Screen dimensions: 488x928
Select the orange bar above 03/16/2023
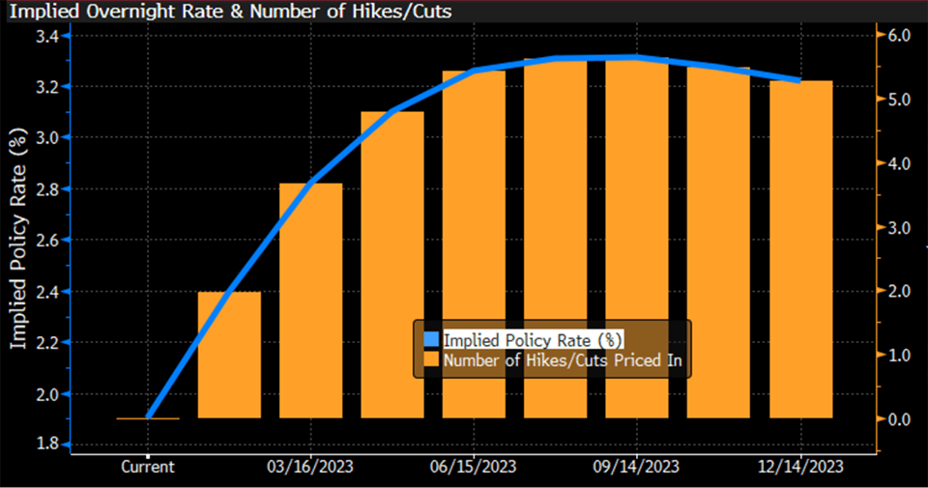[311, 300]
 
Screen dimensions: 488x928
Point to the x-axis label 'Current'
[148, 467]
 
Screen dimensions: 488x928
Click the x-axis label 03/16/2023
[311, 467]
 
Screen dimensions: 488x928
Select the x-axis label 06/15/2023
[475, 467]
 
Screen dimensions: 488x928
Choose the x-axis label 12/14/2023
[801, 467]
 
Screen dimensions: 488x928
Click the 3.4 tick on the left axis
[47, 37]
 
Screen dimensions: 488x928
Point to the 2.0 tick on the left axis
[47, 393]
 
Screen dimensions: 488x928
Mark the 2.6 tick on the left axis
[47, 240]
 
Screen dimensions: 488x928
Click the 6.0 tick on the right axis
[900, 37]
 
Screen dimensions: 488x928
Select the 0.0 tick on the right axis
[900, 419]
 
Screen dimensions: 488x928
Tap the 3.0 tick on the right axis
[900, 228]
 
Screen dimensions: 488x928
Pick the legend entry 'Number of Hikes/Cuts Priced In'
[569, 360]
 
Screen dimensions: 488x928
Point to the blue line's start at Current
[148, 417]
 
